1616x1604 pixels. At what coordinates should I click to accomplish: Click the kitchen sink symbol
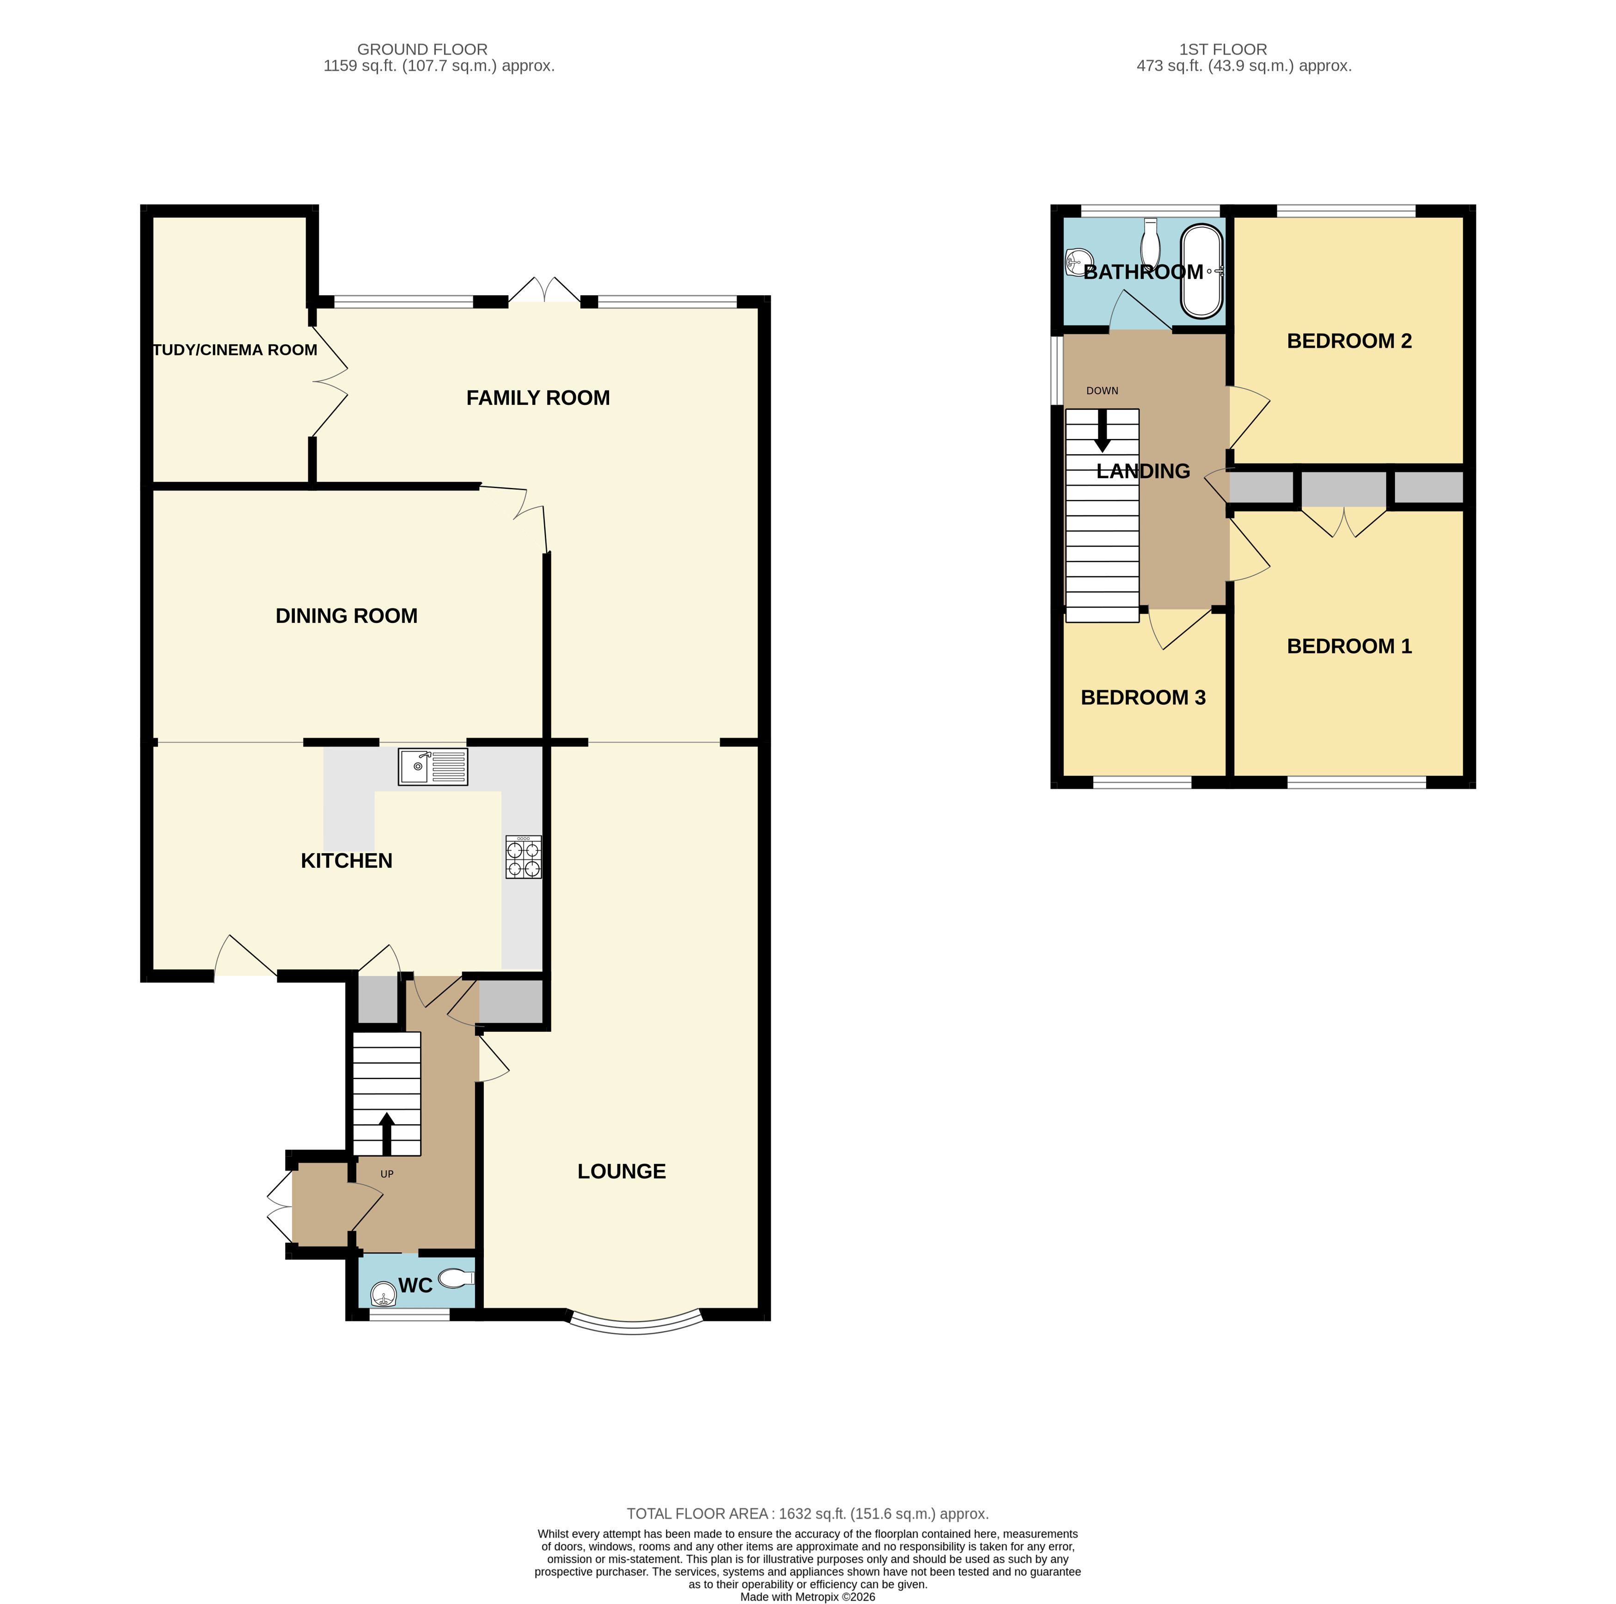pyautogui.click(x=433, y=767)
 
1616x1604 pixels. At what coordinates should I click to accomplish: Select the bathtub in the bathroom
pyautogui.click(x=1201, y=272)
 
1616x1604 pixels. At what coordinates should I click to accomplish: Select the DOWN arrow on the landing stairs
pyautogui.click(x=1103, y=431)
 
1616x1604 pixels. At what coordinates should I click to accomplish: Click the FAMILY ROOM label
pyautogui.click(x=538, y=398)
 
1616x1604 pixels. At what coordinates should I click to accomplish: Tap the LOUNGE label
pyautogui.click(x=622, y=1171)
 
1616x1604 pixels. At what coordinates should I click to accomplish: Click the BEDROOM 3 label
pyautogui.click(x=1143, y=697)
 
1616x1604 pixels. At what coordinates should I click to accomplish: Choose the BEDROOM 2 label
pyautogui.click(x=1348, y=341)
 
